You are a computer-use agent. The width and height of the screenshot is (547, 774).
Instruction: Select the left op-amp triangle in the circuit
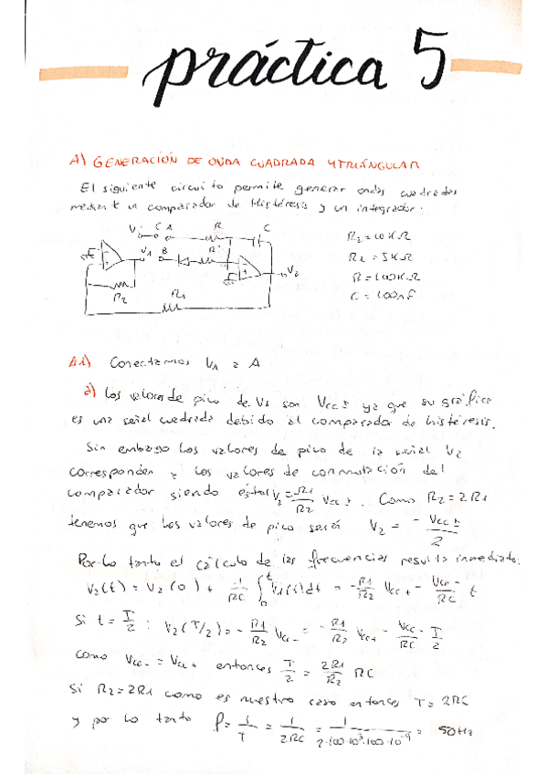114,258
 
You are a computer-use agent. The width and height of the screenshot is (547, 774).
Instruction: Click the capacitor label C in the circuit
265,226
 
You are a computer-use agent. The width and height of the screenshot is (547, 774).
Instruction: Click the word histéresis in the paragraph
456,423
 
